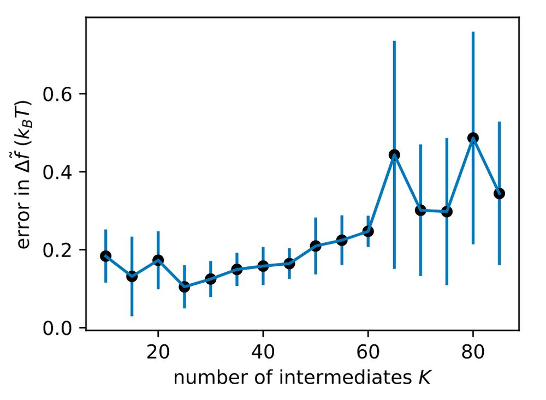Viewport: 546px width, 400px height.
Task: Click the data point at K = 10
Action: click(106, 256)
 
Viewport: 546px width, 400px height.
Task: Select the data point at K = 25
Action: click(185, 287)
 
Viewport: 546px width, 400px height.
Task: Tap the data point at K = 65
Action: click(394, 154)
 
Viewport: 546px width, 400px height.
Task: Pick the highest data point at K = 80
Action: click(473, 138)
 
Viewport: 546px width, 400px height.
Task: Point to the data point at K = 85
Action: click(499, 193)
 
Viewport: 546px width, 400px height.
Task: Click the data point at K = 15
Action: click(132, 277)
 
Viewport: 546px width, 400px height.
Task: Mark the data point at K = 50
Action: click(316, 246)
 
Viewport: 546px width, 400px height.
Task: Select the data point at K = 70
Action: click(420, 210)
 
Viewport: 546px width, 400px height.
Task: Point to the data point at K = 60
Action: click(368, 231)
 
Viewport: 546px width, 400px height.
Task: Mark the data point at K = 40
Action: click(263, 266)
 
